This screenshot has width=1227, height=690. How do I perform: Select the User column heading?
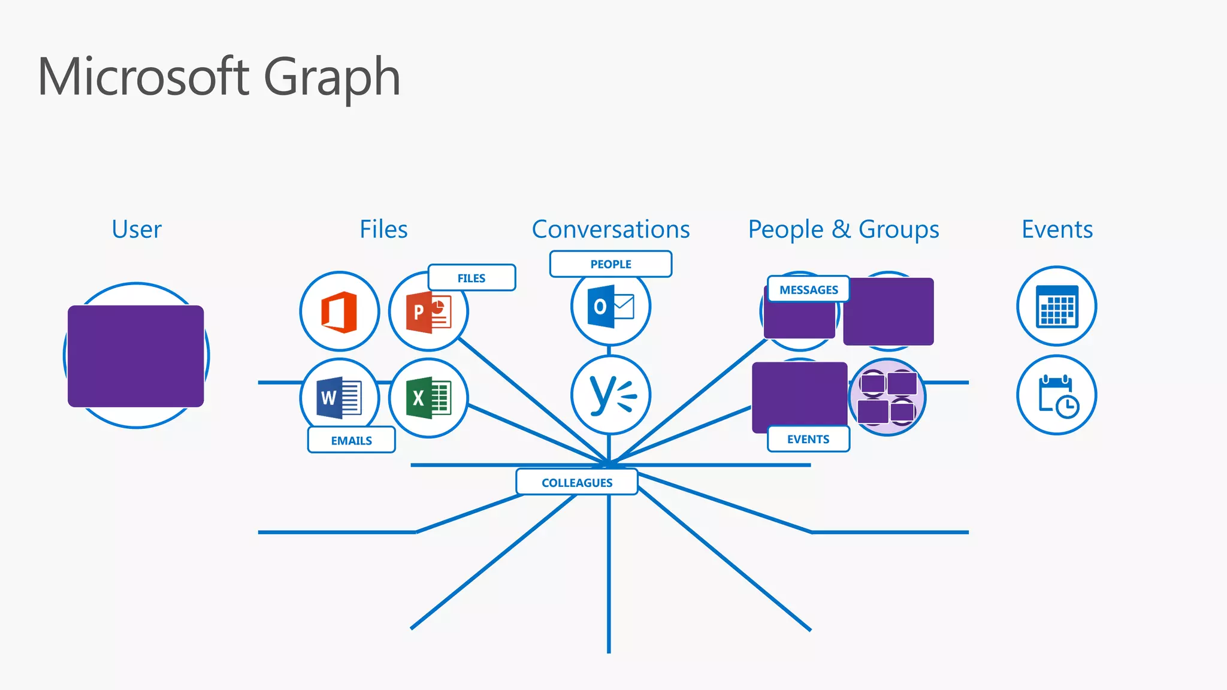click(x=137, y=229)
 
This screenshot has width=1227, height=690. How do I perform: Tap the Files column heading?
click(x=383, y=229)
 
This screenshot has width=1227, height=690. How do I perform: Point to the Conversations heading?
click(x=611, y=229)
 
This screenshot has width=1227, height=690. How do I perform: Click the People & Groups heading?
click(x=843, y=229)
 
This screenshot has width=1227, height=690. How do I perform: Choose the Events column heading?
click(x=1057, y=229)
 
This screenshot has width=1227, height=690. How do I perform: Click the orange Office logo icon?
click(x=339, y=311)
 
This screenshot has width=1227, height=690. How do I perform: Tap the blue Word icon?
click(x=339, y=397)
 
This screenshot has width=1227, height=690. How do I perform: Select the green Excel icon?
click(x=428, y=398)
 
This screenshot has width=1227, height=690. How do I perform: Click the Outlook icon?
click(x=610, y=307)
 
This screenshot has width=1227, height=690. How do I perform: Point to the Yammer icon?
click(x=611, y=395)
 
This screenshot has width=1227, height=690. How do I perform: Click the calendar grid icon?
click(x=1056, y=306)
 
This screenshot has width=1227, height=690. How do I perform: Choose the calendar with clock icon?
click(x=1057, y=395)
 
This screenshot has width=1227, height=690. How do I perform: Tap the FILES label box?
click(x=472, y=278)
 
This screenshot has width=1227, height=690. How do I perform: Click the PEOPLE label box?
click(x=611, y=264)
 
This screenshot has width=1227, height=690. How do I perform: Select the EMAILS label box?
click(x=351, y=440)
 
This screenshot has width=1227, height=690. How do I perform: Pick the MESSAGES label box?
click(x=808, y=289)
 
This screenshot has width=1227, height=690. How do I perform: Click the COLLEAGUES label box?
click(x=576, y=482)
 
